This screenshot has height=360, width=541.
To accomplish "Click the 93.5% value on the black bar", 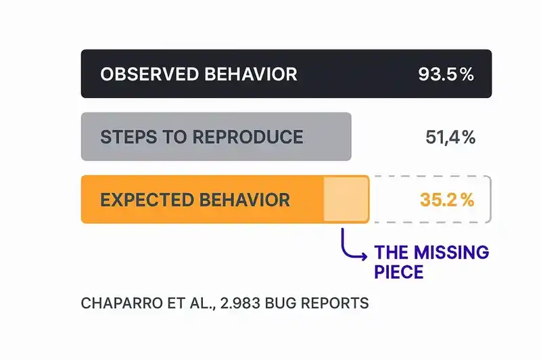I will point(446,74).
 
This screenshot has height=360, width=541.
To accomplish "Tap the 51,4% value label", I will point(450,137).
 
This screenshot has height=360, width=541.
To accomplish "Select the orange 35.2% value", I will point(446,200).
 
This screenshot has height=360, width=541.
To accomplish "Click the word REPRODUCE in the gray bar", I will point(248,137).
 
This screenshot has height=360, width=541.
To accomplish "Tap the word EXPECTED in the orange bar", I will point(144,200).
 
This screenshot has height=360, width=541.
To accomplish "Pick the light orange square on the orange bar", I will point(346,199).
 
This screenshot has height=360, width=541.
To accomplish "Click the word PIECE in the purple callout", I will point(399,273).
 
